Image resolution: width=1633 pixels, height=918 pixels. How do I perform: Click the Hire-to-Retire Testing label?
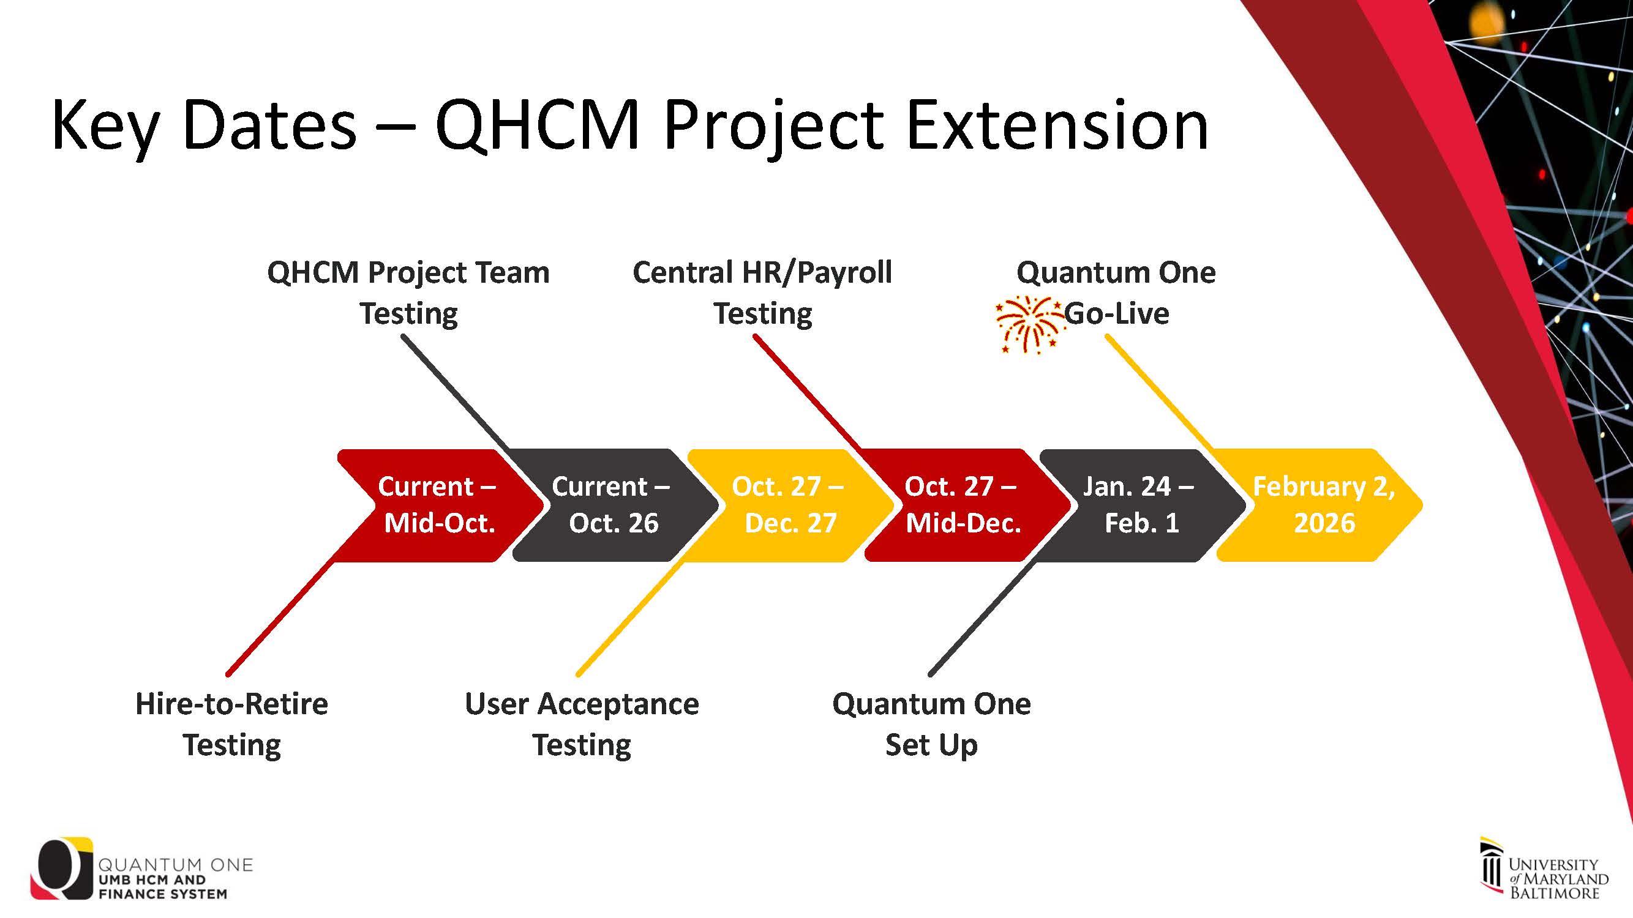232,723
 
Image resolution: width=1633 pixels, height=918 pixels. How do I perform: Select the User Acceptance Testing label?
582,723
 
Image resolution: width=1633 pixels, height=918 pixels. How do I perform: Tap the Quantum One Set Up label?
931,723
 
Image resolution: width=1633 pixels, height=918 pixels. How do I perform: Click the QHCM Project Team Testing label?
408,293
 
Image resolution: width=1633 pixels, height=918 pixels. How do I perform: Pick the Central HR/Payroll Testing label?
762,293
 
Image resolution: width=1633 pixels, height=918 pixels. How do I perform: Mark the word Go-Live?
1116,313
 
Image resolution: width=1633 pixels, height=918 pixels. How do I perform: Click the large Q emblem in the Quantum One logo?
62,868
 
